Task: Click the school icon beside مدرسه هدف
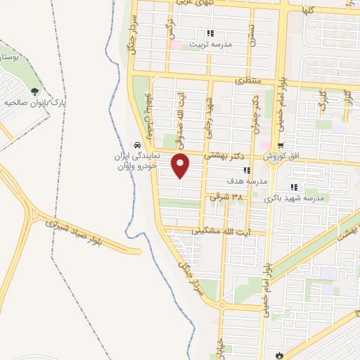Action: [245, 170]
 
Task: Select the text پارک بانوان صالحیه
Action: [34, 103]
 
